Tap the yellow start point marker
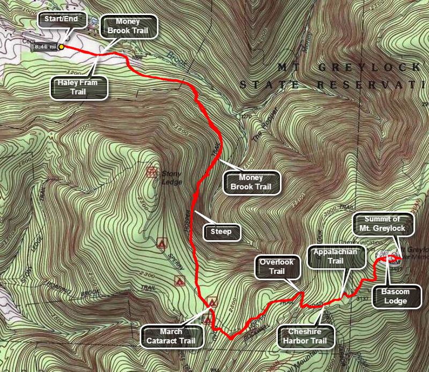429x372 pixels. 61,47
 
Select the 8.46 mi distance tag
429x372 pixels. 45,47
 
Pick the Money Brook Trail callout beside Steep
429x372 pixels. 252,182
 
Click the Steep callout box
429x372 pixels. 221,232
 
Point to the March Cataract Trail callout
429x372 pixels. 169,336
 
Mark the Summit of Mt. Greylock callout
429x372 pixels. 383,224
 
